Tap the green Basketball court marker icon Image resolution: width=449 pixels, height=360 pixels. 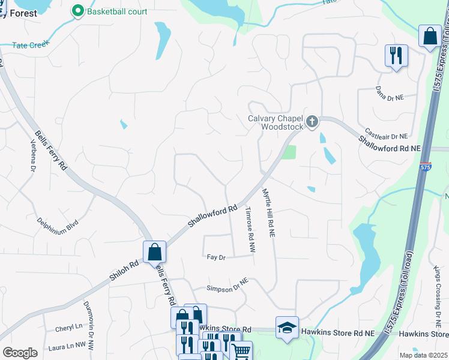77,11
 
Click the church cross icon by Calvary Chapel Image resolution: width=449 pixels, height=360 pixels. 312,122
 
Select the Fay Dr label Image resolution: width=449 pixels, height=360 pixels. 215,257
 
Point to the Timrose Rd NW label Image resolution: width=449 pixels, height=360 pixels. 250,229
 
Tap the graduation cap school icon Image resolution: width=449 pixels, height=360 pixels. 287,328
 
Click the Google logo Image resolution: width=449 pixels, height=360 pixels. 20,353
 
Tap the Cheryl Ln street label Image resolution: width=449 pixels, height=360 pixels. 68,328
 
